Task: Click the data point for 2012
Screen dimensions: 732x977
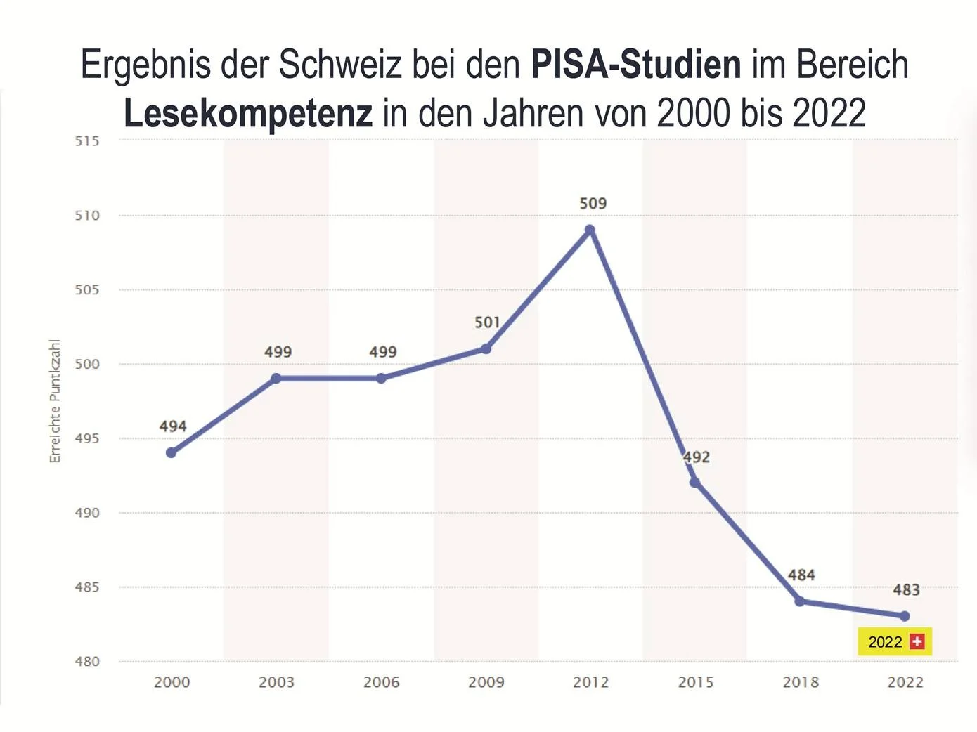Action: [590, 230]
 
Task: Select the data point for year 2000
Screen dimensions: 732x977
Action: [172, 452]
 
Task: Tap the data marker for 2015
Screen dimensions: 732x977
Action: [694, 482]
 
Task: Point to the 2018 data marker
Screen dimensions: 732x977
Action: [800, 601]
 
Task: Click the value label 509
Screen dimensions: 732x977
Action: [593, 204]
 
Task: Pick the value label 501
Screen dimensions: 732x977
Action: [487, 322]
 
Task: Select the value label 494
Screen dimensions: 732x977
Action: [173, 426]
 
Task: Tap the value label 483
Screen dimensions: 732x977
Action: [906, 590]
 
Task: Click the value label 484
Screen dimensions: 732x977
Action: [801, 575]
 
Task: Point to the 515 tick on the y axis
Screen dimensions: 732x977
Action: [87, 141]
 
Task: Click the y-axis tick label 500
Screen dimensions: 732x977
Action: [87, 364]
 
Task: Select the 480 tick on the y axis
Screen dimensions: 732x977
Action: [87, 661]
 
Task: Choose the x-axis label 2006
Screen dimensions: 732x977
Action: [381, 682]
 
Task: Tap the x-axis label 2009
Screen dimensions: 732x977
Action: [486, 682]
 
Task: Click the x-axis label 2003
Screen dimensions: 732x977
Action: [276, 682]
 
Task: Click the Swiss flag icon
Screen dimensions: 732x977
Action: [917, 641]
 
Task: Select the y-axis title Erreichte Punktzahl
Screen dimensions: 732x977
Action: [55, 401]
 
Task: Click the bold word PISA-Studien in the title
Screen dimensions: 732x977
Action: [635, 65]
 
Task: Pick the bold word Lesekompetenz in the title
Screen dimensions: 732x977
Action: [248, 113]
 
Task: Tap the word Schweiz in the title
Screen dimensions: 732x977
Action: [340, 65]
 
